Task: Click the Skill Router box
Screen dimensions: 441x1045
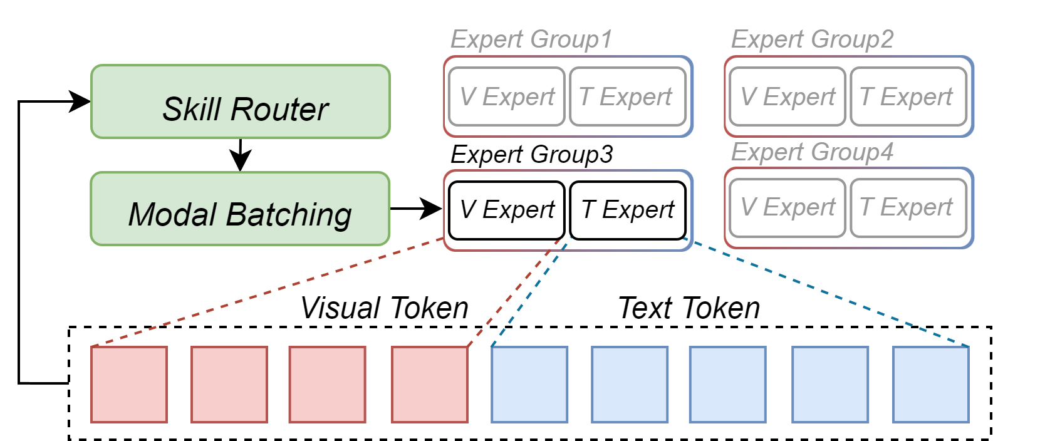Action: coord(241,101)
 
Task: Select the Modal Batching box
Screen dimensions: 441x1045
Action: coord(241,209)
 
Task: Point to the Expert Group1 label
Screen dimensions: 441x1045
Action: coord(531,39)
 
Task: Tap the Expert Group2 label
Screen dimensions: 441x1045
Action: coord(812,39)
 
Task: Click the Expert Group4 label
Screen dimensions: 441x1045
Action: coord(812,152)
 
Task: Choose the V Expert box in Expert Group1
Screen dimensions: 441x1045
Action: coord(507,96)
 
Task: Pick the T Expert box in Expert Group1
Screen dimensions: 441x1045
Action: coord(627,96)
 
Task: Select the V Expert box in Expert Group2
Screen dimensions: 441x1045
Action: coord(788,96)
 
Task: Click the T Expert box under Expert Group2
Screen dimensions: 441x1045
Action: coord(908,96)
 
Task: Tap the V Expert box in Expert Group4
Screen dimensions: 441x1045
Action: coord(788,207)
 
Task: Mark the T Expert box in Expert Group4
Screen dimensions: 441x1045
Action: coord(908,207)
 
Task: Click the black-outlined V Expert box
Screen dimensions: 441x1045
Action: coord(507,210)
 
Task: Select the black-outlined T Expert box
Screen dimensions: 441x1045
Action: coord(627,210)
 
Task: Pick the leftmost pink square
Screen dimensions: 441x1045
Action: coord(129,384)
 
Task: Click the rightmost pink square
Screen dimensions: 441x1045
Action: coord(430,384)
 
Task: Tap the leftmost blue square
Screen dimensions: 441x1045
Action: coord(529,384)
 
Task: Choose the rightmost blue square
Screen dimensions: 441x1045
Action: coord(931,384)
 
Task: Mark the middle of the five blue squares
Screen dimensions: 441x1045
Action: coord(728,384)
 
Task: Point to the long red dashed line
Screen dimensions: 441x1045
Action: coord(269,291)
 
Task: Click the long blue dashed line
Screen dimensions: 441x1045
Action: coord(827,291)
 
